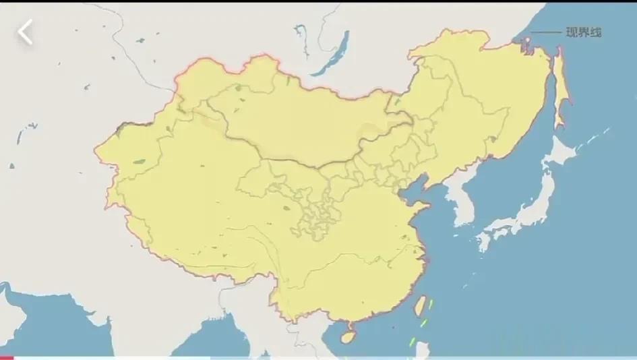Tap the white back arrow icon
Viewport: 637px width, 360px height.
(26, 32)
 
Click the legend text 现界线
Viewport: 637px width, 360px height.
(583, 32)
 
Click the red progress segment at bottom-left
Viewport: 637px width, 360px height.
(6, 358)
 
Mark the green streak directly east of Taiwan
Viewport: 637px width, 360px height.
(431, 304)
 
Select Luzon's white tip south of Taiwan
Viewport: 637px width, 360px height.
(421, 350)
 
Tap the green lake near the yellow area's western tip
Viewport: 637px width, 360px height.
(140, 162)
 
